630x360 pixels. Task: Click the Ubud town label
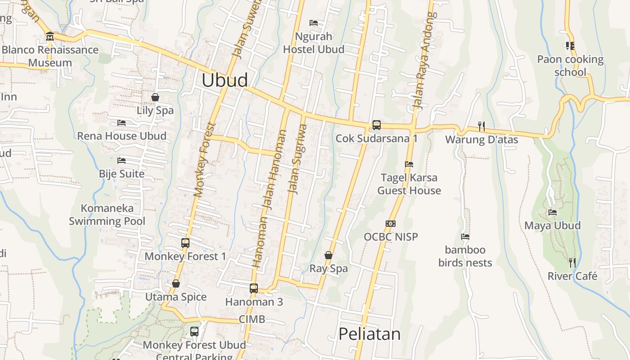(x=225, y=80)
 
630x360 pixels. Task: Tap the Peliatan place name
(x=369, y=334)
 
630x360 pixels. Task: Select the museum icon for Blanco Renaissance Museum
(x=50, y=36)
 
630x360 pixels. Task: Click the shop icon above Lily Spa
(x=155, y=97)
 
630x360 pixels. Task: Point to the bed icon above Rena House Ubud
(x=121, y=122)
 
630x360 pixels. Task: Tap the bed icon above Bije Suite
(x=121, y=160)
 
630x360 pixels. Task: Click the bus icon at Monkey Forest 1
(x=185, y=243)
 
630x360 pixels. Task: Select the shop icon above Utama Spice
(x=176, y=283)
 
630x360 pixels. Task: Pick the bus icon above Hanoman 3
(x=254, y=288)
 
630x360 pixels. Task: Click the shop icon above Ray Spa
(x=328, y=255)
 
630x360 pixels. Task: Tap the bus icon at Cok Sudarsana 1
(x=376, y=125)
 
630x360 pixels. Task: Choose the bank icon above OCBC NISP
(x=391, y=223)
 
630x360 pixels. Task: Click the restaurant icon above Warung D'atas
(x=481, y=126)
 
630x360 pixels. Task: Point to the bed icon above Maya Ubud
(x=553, y=212)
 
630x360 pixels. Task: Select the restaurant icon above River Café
(x=572, y=262)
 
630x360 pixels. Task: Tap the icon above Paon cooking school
(x=570, y=45)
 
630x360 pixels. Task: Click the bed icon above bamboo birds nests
(x=465, y=236)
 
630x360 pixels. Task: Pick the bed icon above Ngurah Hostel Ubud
(x=314, y=23)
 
